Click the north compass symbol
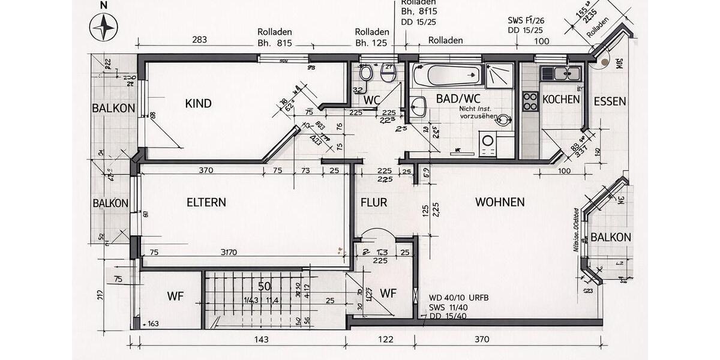click(x=103, y=28)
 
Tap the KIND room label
click(x=198, y=104)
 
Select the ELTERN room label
click(x=206, y=203)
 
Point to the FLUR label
click(x=374, y=203)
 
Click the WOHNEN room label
click(x=500, y=202)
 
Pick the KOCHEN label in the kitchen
click(x=561, y=100)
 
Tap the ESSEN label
click(x=610, y=101)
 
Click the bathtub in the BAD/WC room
click(x=448, y=76)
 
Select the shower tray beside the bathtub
click(x=499, y=76)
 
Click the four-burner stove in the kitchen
click(x=530, y=101)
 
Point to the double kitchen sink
click(x=561, y=74)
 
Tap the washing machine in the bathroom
click(x=489, y=142)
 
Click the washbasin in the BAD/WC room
click(x=419, y=107)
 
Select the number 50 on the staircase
click(x=265, y=286)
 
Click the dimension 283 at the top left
click(x=199, y=40)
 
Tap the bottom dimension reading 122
click(x=386, y=340)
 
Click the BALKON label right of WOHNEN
click(x=611, y=238)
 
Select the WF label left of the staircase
click(x=175, y=296)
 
